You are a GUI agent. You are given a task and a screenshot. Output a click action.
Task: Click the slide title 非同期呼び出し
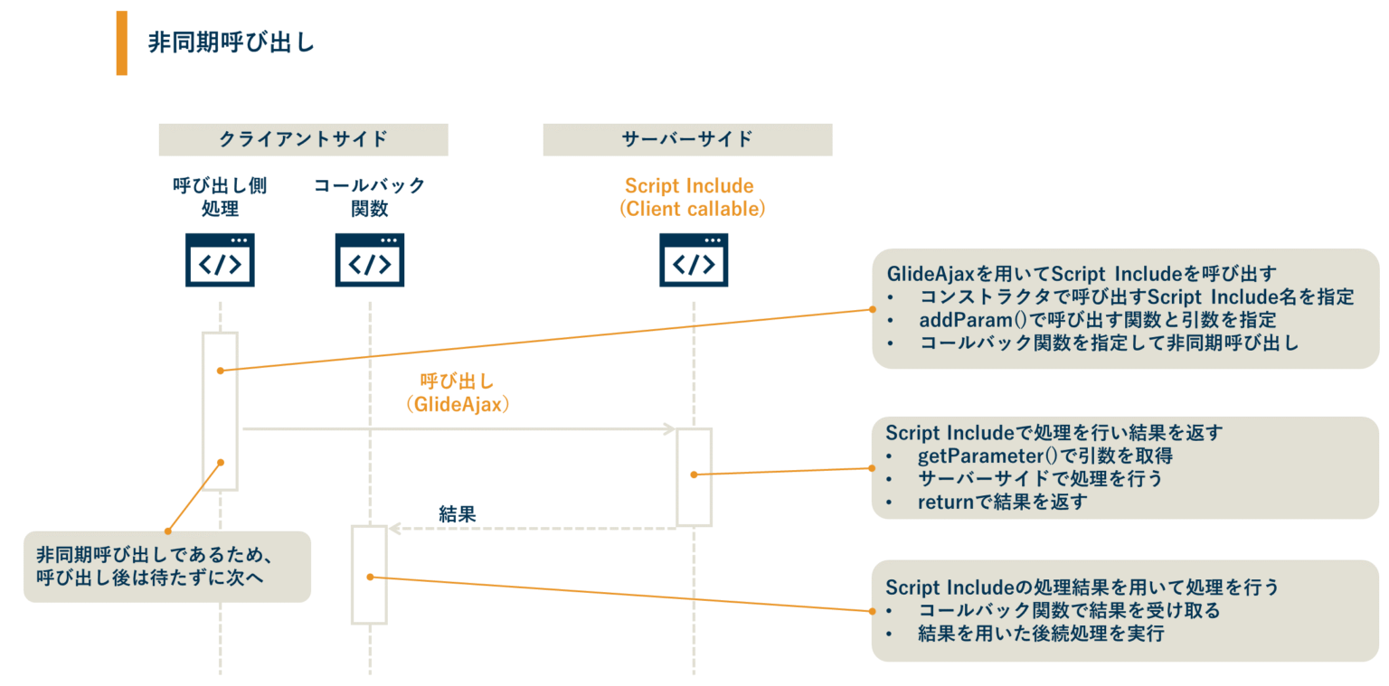pos(231,42)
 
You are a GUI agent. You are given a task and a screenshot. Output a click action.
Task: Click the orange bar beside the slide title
pos(121,42)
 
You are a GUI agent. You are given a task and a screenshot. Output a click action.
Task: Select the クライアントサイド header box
pos(303,139)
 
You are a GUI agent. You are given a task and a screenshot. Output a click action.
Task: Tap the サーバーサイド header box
pos(687,139)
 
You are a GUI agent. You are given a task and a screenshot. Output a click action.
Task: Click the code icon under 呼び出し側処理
pos(220,260)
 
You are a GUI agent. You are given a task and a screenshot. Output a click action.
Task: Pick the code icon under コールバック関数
pos(369,260)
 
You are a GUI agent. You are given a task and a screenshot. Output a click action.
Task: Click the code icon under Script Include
pos(694,260)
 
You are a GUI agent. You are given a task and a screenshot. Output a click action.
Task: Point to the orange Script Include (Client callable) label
pos(692,197)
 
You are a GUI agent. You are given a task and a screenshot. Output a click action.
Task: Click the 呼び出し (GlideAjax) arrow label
pos(458,393)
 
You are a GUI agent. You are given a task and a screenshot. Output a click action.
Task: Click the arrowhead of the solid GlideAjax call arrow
pos(670,428)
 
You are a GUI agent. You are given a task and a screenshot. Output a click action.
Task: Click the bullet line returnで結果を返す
pos(1001,502)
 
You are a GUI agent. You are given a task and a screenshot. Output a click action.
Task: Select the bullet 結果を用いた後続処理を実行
pos(1040,634)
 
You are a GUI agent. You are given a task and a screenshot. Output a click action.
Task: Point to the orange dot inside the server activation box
pos(694,475)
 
